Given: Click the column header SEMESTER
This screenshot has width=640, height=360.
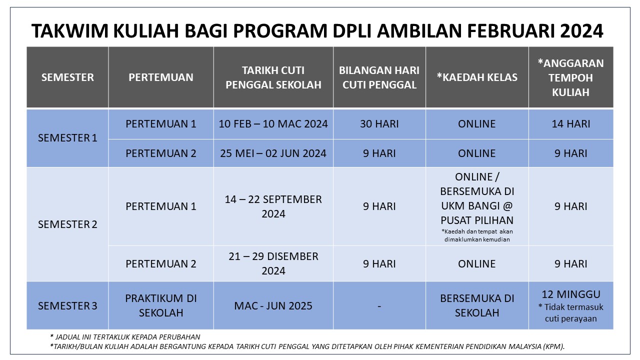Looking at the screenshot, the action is click(67, 77).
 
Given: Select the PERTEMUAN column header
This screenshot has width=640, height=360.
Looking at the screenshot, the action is click(161, 77).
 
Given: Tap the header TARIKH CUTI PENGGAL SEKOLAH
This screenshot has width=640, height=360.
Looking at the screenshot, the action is click(273, 77).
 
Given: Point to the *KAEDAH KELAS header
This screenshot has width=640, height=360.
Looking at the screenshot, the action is click(477, 77).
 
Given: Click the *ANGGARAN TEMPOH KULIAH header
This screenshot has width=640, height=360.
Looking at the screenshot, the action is click(571, 77).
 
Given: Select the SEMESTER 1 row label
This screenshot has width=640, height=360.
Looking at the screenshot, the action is click(67, 138).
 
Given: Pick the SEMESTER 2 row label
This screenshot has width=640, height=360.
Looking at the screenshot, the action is click(67, 224).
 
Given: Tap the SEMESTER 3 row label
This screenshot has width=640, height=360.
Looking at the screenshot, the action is click(67, 306).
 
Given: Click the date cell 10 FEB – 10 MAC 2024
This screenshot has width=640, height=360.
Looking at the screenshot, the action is click(273, 124).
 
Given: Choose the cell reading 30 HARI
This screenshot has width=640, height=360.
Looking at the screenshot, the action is click(379, 124).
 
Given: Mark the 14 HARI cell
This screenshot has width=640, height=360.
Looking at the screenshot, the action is click(571, 124).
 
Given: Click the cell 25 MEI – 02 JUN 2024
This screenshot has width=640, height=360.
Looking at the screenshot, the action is click(273, 153).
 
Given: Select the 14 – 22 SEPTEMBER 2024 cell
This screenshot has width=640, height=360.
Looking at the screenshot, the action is click(273, 206).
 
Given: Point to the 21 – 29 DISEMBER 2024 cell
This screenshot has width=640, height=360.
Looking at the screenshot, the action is click(273, 263).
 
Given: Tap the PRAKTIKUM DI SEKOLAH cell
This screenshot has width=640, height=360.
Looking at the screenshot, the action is click(161, 305).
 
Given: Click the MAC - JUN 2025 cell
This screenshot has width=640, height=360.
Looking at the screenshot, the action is click(273, 306).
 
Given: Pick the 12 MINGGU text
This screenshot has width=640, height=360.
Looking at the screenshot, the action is click(571, 294).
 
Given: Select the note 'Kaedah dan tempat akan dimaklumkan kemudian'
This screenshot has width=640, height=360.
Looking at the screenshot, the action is click(477, 235).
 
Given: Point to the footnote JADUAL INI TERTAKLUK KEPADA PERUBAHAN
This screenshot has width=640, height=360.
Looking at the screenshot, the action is click(125, 337).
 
